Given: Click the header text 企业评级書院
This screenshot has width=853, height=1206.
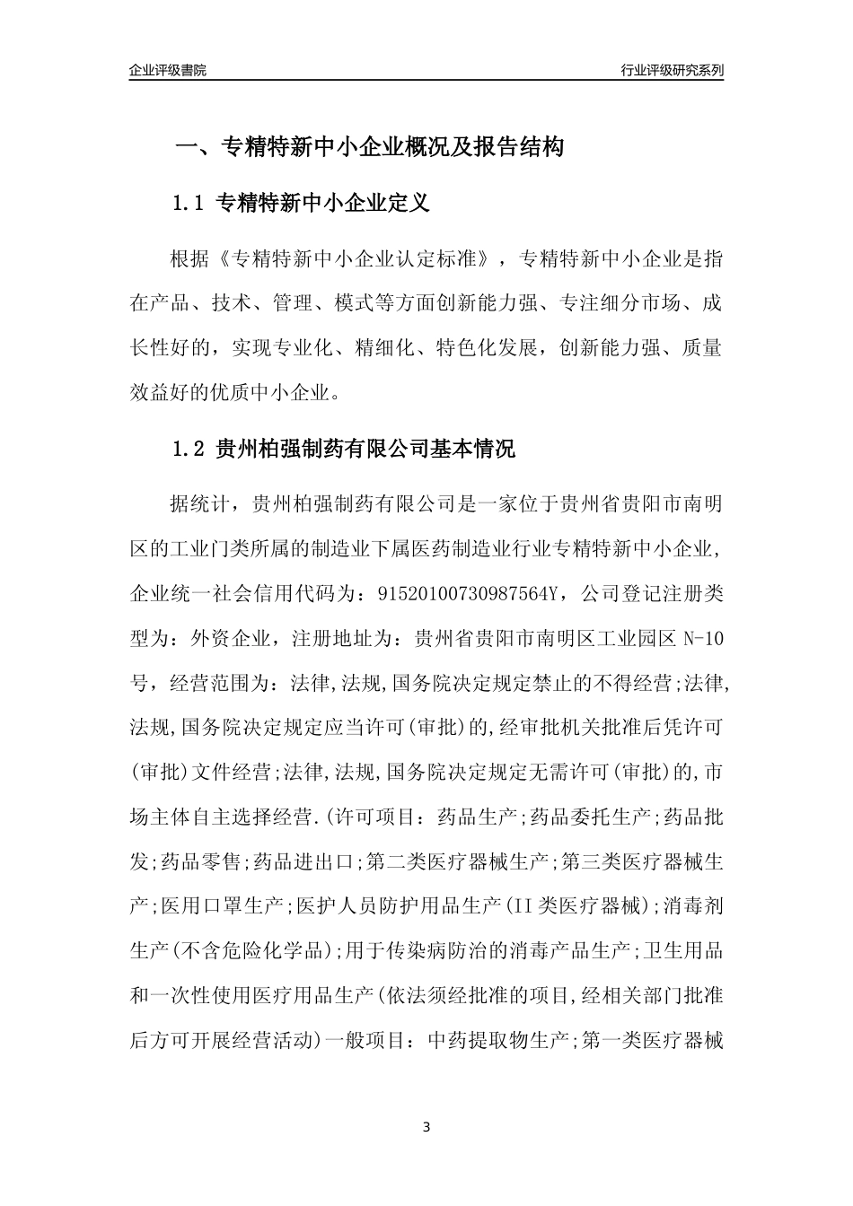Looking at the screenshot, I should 168,70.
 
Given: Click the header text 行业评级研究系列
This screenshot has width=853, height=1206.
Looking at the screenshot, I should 672,70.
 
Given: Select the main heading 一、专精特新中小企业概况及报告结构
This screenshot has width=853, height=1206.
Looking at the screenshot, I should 369,147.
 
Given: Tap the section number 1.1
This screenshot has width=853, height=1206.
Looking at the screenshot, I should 189,204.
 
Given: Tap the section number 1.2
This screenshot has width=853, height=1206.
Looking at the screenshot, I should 189,449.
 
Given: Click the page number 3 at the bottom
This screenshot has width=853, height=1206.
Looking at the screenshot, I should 426,1126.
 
